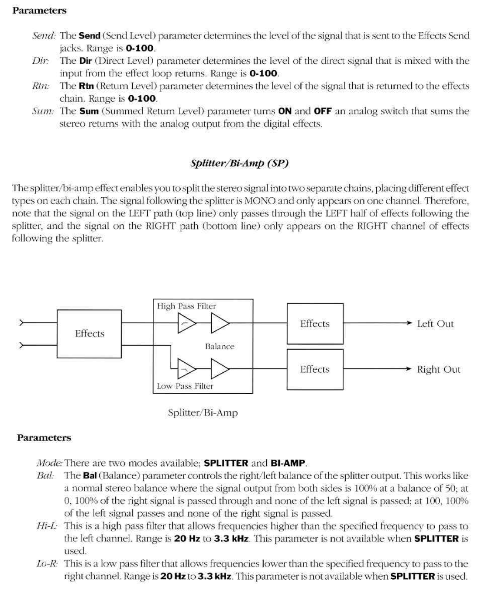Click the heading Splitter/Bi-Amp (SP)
[239, 163]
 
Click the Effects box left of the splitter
[89, 333]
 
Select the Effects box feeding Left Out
[315, 324]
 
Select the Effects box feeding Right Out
[315, 369]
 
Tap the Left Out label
[435, 324]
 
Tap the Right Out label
[438, 369]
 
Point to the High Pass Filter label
[186, 306]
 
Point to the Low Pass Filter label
[185, 386]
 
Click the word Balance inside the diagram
[220, 346]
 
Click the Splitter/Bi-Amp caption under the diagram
[203, 412]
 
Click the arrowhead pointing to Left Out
[409, 323]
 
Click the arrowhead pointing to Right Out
[409, 369]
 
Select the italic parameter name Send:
[44, 35]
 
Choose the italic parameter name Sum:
[43, 111]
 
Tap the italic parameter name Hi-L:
[48, 526]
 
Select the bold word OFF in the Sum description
[323, 111]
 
